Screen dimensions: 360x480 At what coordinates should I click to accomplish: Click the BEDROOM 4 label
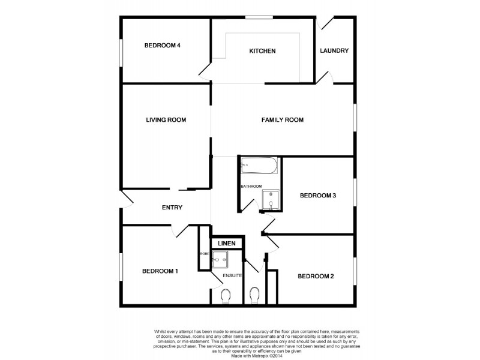point(162,45)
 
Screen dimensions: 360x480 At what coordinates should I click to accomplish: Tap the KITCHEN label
point(262,51)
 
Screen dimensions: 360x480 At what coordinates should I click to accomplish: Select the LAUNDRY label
point(334,51)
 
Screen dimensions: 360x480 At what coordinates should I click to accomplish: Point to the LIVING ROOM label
point(166,120)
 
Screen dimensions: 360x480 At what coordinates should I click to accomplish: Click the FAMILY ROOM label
point(283,120)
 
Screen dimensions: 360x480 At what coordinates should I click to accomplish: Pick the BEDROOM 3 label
point(318,195)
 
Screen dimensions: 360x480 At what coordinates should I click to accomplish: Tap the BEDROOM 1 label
point(160,271)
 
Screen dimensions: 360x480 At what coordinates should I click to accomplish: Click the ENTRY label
point(172,208)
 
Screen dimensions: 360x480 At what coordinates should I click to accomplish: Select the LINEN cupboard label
point(227,243)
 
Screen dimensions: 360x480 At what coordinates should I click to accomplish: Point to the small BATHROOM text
point(251,186)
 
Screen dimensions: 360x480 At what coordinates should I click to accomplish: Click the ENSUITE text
point(232,275)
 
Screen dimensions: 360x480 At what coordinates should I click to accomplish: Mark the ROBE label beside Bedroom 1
point(204,254)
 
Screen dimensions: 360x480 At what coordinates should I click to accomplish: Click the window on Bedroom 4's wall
point(121,51)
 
